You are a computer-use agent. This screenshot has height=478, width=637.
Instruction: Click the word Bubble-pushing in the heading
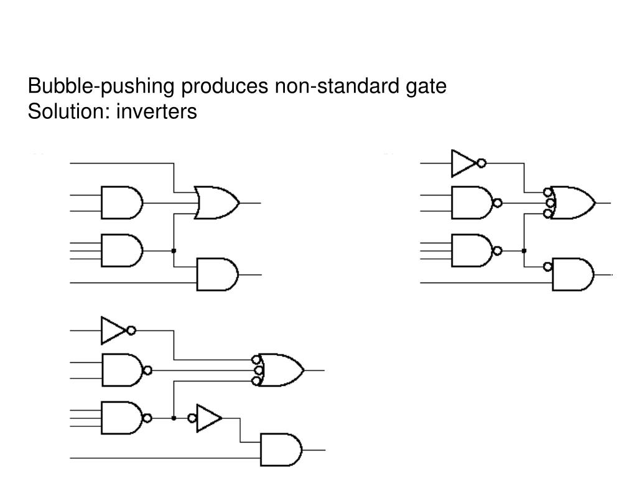click(101, 86)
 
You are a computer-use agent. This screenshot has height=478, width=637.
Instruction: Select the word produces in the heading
click(225, 86)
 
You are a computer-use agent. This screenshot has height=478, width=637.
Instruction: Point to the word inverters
click(156, 111)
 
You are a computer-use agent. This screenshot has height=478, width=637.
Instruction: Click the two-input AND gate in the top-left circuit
click(122, 203)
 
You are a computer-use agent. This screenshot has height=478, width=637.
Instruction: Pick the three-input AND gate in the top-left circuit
click(122, 250)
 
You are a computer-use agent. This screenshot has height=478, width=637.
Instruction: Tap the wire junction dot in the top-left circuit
click(174, 251)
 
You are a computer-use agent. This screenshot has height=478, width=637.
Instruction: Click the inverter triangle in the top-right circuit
click(463, 164)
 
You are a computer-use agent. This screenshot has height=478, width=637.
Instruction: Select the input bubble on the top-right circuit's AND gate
click(547, 266)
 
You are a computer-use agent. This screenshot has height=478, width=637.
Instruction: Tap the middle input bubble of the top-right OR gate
click(551, 203)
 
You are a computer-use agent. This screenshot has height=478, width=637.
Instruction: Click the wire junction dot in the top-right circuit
click(524, 251)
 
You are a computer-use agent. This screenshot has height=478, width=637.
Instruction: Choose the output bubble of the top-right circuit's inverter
click(481, 164)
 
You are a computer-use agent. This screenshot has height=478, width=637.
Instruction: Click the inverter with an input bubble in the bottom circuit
click(205, 418)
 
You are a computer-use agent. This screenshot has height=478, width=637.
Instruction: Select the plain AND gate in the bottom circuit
click(281, 450)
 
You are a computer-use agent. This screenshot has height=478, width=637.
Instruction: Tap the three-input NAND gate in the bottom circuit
click(126, 418)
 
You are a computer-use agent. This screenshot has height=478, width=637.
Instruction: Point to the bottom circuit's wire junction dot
click(174, 418)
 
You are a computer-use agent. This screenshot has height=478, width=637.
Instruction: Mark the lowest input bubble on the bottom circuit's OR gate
click(256, 382)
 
